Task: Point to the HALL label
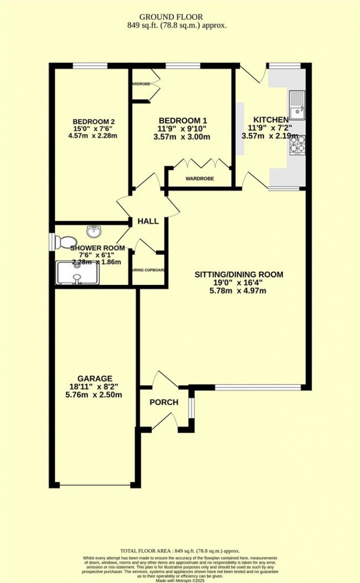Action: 148,221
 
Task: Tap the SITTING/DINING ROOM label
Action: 239,274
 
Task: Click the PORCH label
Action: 164,402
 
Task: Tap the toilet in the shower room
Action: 65,241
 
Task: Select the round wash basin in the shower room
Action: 94,232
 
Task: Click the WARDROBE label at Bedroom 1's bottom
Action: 199,179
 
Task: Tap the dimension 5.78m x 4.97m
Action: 239,291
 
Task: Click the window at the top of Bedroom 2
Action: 90,65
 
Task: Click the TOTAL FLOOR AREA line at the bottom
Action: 180,551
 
